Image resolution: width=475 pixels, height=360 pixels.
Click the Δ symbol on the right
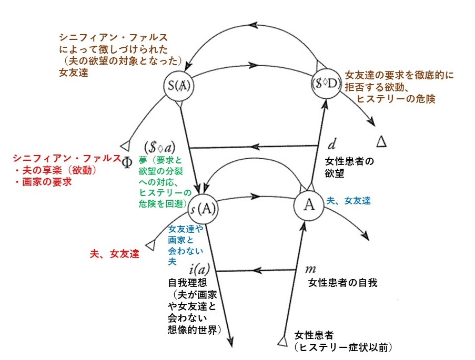click(383, 140)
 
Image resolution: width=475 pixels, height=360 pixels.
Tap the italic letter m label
click(310, 269)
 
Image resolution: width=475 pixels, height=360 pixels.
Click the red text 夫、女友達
click(115, 254)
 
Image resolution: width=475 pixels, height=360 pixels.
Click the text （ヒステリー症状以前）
click(344, 347)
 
